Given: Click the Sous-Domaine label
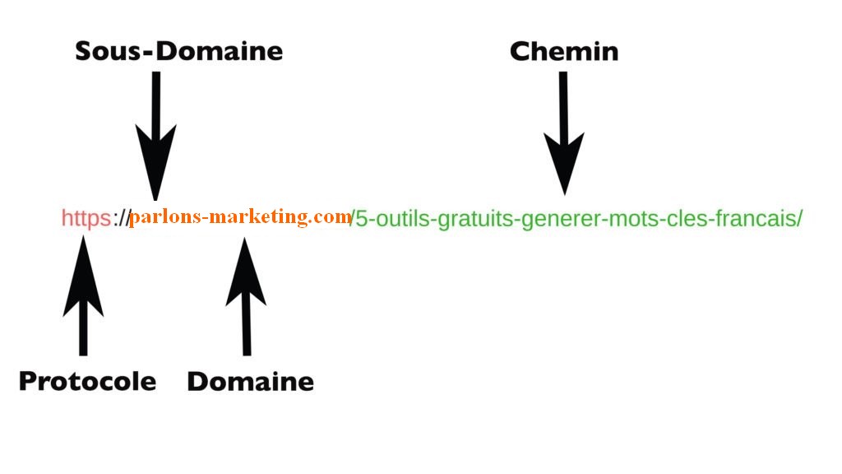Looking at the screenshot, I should (x=178, y=51).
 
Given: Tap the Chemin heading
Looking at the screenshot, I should (x=563, y=51).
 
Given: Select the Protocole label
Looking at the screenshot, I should (x=87, y=381).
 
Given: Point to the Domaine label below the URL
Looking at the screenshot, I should (x=250, y=381).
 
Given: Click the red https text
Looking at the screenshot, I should (x=86, y=218).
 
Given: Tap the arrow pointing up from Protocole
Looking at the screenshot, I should (x=83, y=296).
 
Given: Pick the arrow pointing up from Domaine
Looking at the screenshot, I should (x=245, y=296).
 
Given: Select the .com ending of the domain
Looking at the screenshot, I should (x=332, y=217).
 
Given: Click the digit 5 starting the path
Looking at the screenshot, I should (x=361, y=219).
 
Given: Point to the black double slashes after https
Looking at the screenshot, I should (x=122, y=218).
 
